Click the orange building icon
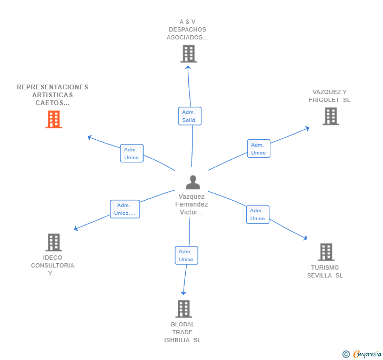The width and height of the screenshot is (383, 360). click(x=54, y=119)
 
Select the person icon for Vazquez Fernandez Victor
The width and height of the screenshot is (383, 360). click(x=193, y=182)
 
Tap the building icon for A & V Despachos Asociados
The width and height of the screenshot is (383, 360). click(x=188, y=54)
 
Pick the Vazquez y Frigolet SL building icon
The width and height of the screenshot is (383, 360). click(x=330, y=116)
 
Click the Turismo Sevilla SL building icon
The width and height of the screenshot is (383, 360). click(x=326, y=252)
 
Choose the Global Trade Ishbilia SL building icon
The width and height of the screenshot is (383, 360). click(x=183, y=308)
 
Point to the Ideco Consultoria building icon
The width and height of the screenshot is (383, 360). click(x=54, y=242)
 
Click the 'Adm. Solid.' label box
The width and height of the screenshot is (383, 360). click(x=189, y=116)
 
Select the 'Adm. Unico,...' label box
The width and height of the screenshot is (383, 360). click(x=125, y=209)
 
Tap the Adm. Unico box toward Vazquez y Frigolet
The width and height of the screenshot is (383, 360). click(x=258, y=149)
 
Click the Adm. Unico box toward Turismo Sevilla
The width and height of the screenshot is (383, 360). click(x=257, y=214)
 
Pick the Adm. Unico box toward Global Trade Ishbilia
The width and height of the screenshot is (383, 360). click(x=186, y=255)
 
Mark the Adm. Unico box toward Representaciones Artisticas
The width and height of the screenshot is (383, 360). click(x=132, y=153)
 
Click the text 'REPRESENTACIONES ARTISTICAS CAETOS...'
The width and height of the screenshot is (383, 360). click(x=53, y=95)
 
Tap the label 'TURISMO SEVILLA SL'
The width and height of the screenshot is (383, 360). click(x=325, y=271)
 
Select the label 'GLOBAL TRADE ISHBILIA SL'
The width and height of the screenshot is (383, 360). click(x=183, y=332)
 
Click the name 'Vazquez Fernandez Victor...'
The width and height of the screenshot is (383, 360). click(x=193, y=204)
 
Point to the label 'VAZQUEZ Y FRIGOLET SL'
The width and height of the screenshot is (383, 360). click(x=329, y=96)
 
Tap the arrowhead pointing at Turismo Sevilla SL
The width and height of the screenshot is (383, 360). click(x=305, y=239)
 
